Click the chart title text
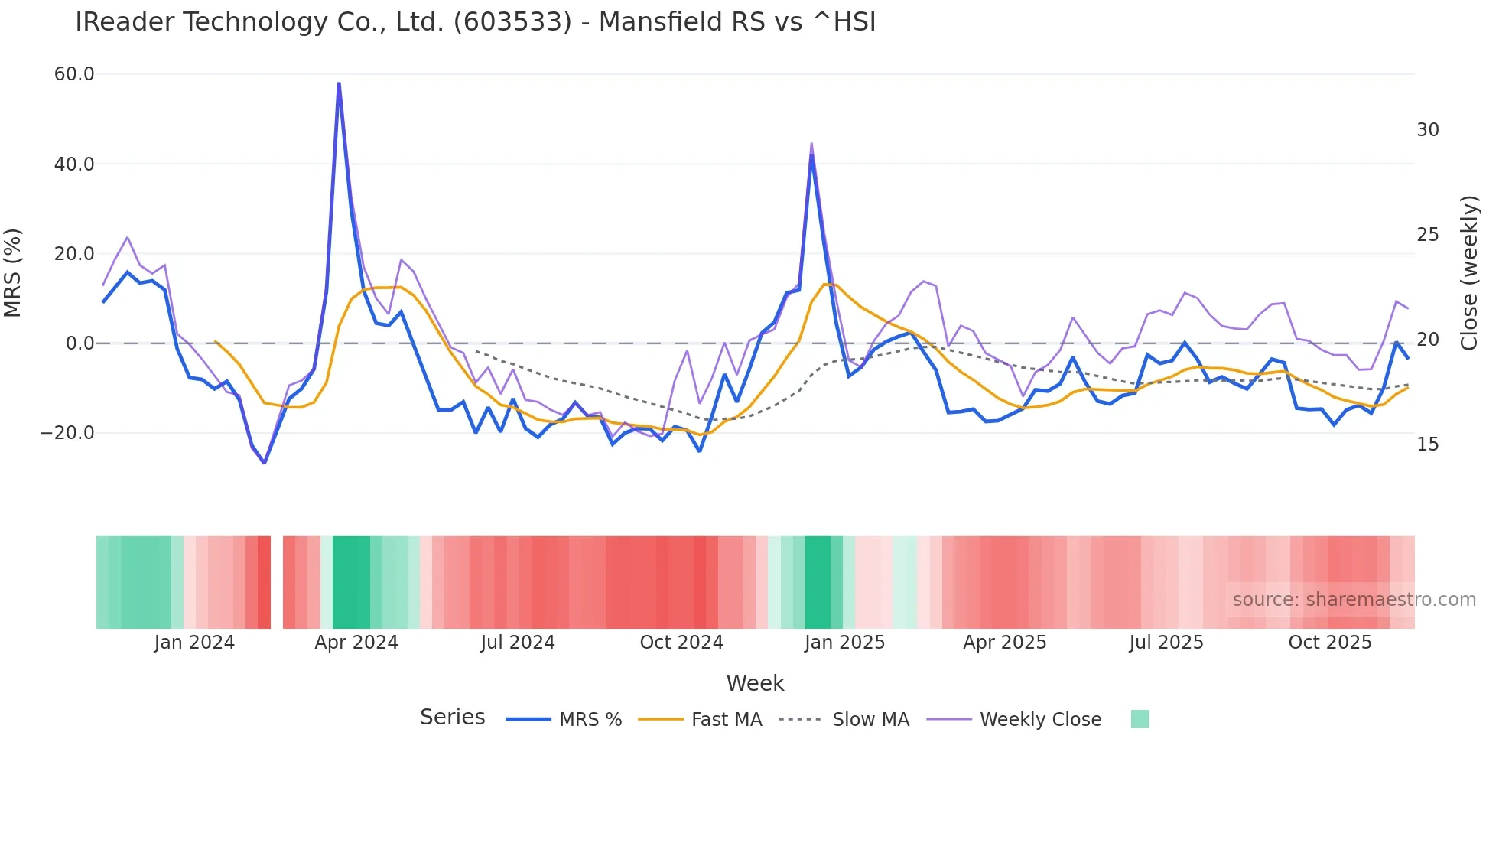[475, 22]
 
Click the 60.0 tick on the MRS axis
[74, 74]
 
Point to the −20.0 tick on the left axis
[67, 433]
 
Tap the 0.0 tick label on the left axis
[80, 343]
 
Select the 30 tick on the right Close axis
[1427, 130]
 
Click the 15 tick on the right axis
[1427, 444]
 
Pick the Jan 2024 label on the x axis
[194, 643]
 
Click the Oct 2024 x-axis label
[681, 643]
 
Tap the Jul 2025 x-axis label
[1166, 643]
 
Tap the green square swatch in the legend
[1140, 719]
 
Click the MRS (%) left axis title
[13, 272]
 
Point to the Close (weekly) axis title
[1469, 272]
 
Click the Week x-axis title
[755, 683]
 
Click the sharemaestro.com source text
[1354, 600]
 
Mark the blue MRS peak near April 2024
[339, 83]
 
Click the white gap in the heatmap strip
[277, 582]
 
